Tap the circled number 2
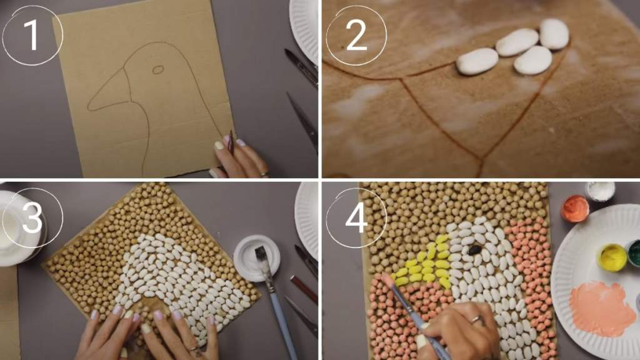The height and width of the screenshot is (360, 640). tap(356, 36)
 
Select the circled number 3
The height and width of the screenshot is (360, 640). tap(32, 217)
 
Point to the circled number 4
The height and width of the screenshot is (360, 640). tap(356, 217)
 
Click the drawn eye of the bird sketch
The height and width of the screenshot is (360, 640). tap(158, 70)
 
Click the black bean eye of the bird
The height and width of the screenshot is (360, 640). tap(474, 250)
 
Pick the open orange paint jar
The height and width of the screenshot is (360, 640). tap(575, 209)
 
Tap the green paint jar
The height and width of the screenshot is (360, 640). tap(633, 253)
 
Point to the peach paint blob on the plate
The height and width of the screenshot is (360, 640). tap(599, 307)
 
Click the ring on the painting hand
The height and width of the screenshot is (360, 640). tap(476, 319)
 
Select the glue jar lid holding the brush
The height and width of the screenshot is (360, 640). tap(257, 258)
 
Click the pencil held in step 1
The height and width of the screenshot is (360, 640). tap(231, 142)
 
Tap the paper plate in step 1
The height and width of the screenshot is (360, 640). tap(304, 29)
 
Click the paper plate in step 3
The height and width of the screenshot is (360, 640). tap(307, 221)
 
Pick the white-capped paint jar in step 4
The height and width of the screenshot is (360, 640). tap(600, 191)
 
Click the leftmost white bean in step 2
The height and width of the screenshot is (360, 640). tap(477, 61)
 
